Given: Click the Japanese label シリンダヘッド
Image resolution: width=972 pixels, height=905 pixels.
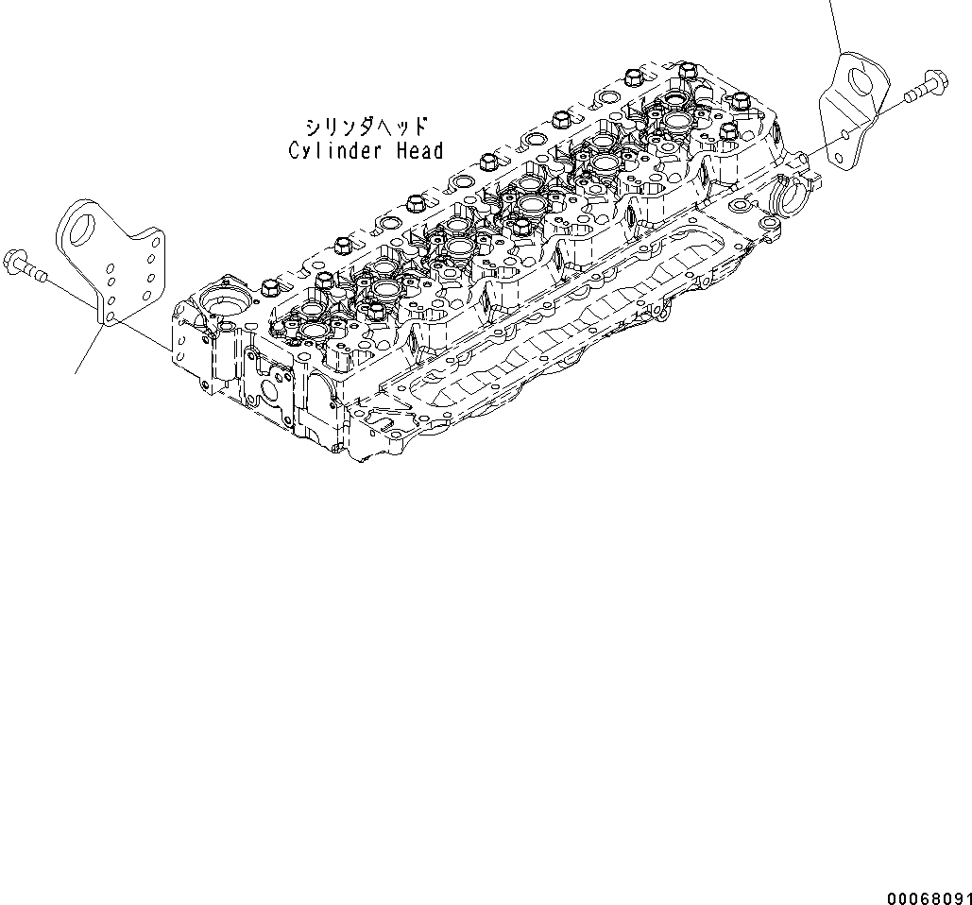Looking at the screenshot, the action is tap(366, 126).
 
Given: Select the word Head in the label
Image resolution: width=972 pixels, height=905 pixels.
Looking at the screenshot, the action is tap(419, 150).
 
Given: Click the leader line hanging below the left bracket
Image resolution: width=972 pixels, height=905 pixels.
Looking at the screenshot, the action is tap(87, 349).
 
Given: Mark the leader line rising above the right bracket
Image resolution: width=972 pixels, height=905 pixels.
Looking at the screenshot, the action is tap(835, 24).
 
